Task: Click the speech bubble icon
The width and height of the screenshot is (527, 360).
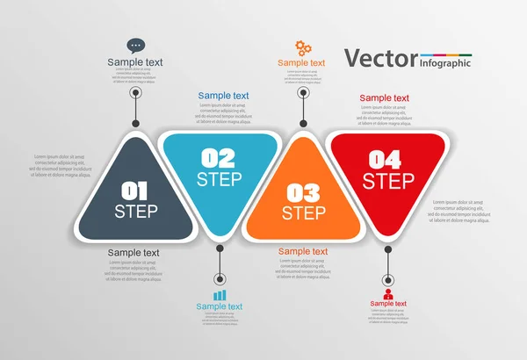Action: tap(135, 46)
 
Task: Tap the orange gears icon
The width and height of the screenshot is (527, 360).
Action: tap(301, 47)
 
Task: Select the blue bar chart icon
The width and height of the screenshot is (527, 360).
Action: tap(220, 295)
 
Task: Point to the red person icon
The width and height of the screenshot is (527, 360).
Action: tap(388, 292)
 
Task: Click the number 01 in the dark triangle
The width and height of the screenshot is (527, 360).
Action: tap(135, 190)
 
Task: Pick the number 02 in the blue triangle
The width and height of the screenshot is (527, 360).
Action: tap(219, 158)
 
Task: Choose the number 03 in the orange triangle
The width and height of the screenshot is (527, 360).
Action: tap(303, 192)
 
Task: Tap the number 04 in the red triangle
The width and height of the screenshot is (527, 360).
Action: tap(388, 160)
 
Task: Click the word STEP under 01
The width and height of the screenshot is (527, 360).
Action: tap(135, 211)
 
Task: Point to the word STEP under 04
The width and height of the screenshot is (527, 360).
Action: tap(388, 182)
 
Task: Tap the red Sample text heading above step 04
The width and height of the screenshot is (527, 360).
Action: tap(384, 98)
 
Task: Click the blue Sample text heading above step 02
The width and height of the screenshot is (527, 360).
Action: tap(223, 96)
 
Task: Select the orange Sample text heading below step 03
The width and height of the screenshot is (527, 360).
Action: tap(303, 252)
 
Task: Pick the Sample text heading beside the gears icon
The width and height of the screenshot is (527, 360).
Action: tap(301, 63)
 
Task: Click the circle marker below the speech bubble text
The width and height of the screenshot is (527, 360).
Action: tap(135, 92)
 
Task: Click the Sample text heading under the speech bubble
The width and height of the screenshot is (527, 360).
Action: tap(135, 62)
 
